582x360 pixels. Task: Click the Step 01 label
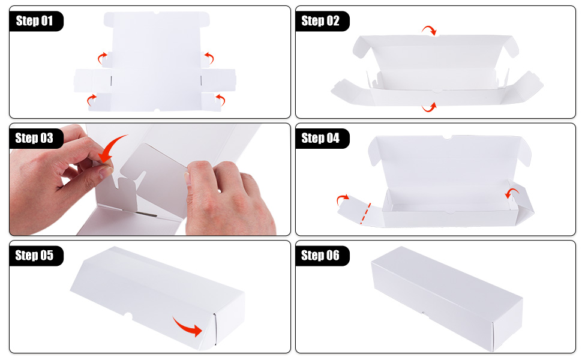[x=34, y=21]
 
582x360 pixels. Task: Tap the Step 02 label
[x=320, y=21]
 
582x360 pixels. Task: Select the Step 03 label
[x=34, y=138]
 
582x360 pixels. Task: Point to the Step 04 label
[x=320, y=138]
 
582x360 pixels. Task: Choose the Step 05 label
[x=34, y=256]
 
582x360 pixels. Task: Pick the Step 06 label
[x=320, y=256]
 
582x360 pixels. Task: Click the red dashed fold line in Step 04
[x=365, y=214]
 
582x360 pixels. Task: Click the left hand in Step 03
[x=56, y=175]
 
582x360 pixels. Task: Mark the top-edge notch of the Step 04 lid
[x=447, y=137]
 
